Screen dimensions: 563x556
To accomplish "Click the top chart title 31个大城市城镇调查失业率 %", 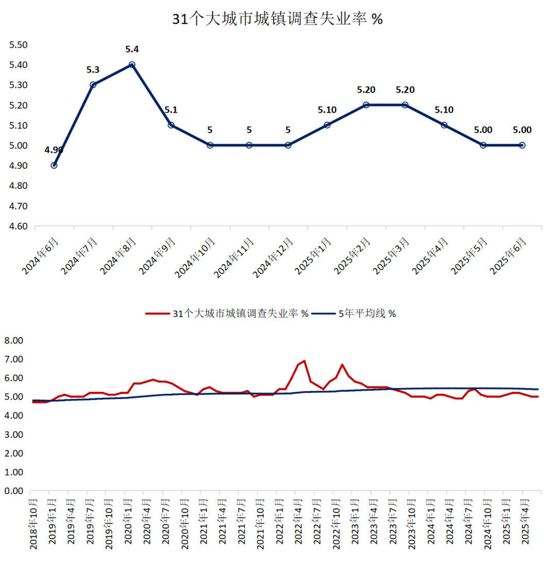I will pyautogui.click(x=277, y=19).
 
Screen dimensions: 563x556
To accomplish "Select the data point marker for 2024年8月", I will pyautogui.click(x=132, y=65).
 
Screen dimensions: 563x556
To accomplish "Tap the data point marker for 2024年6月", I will pyautogui.click(x=54, y=165).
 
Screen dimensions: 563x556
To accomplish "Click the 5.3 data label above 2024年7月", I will pyautogui.click(x=93, y=69).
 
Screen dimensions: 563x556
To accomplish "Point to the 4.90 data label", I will pyautogui.click(x=54, y=150).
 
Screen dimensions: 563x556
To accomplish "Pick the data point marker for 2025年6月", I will pyautogui.click(x=522, y=145).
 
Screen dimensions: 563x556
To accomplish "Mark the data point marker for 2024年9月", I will pyautogui.click(x=171, y=125).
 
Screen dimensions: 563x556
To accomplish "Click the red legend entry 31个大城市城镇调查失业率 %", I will pyautogui.click(x=227, y=313).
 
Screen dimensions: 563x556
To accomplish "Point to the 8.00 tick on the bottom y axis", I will pyautogui.click(x=14, y=341).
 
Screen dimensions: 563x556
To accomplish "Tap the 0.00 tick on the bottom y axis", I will pyautogui.click(x=14, y=491).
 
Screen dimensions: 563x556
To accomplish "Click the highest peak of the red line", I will pyautogui.click(x=304, y=361).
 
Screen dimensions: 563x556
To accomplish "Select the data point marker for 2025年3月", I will pyautogui.click(x=405, y=105).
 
